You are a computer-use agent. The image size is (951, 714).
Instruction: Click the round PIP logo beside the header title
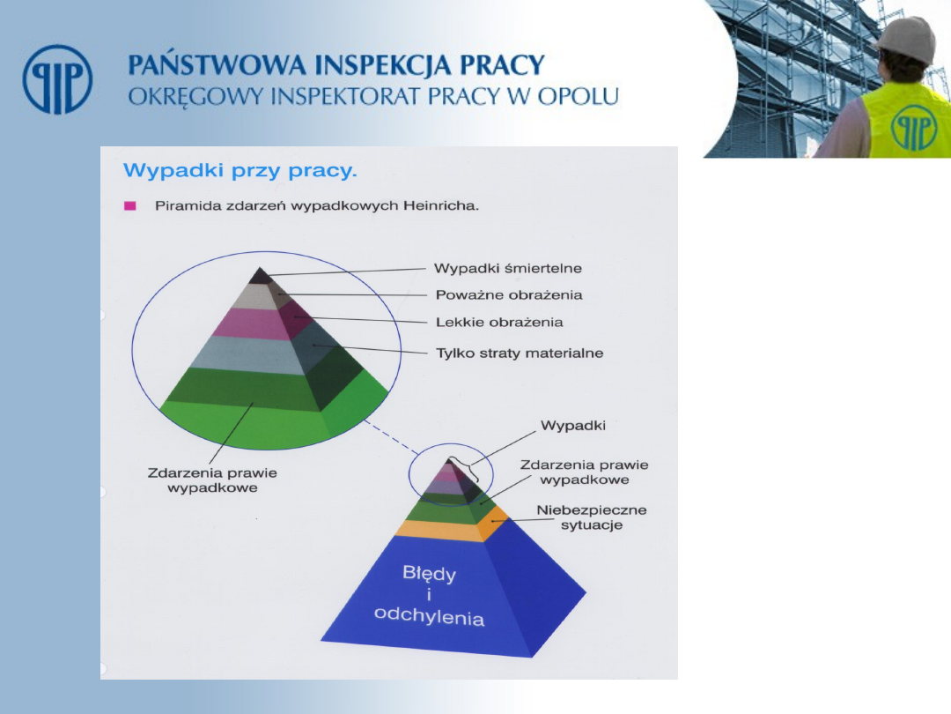[57, 79]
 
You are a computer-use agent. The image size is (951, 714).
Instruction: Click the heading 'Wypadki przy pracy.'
[240, 171]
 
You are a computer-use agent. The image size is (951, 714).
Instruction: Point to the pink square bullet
[129, 205]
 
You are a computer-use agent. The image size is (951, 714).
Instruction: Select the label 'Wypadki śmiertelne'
[508, 268]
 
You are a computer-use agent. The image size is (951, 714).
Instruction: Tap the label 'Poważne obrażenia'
[509, 295]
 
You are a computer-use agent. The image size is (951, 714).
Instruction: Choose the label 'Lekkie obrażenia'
[499, 322]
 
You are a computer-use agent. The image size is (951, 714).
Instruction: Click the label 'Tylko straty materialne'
[520, 353]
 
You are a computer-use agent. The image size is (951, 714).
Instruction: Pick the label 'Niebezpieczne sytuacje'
[592, 517]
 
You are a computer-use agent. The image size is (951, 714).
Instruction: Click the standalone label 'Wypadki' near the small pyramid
[573, 426]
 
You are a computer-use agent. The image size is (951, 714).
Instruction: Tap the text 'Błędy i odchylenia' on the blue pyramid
[430, 596]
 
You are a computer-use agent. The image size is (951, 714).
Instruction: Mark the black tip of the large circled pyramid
[261, 276]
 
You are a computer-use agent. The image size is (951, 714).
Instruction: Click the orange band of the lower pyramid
[452, 527]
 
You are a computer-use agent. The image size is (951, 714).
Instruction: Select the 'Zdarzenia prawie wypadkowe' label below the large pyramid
[212, 480]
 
